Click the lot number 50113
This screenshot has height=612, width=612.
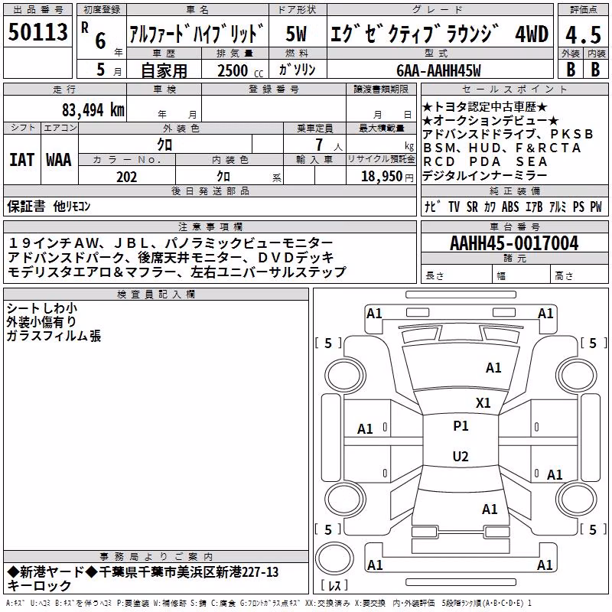tap(37, 31)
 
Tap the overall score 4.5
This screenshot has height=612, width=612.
tap(583, 34)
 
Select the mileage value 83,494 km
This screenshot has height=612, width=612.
tap(93, 110)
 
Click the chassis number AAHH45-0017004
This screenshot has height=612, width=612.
tap(514, 243)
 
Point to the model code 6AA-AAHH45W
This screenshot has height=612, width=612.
tap(438, 70)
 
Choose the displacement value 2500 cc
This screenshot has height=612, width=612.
tap(240, 70)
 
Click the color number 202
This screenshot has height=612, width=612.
tap(126, 177)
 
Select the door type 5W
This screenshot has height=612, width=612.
tap(296, 34)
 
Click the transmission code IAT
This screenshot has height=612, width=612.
tap(21, 160)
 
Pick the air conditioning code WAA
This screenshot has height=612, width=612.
tap(59, 160)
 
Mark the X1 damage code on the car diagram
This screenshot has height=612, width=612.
tap(483, 403)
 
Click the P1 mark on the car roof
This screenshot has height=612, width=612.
tap(461, 426)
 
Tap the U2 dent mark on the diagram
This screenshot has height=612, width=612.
tap(461, 456)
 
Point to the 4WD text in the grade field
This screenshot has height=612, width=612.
tap(532, 34)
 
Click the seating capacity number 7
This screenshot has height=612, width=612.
tap(319, 145)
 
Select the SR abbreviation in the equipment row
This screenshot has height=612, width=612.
tap(472, 207)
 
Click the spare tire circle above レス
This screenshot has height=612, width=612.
tap(334, 558)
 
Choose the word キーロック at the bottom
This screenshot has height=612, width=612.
tap(39, 586)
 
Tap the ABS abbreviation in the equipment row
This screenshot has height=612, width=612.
tap(510, 207)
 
